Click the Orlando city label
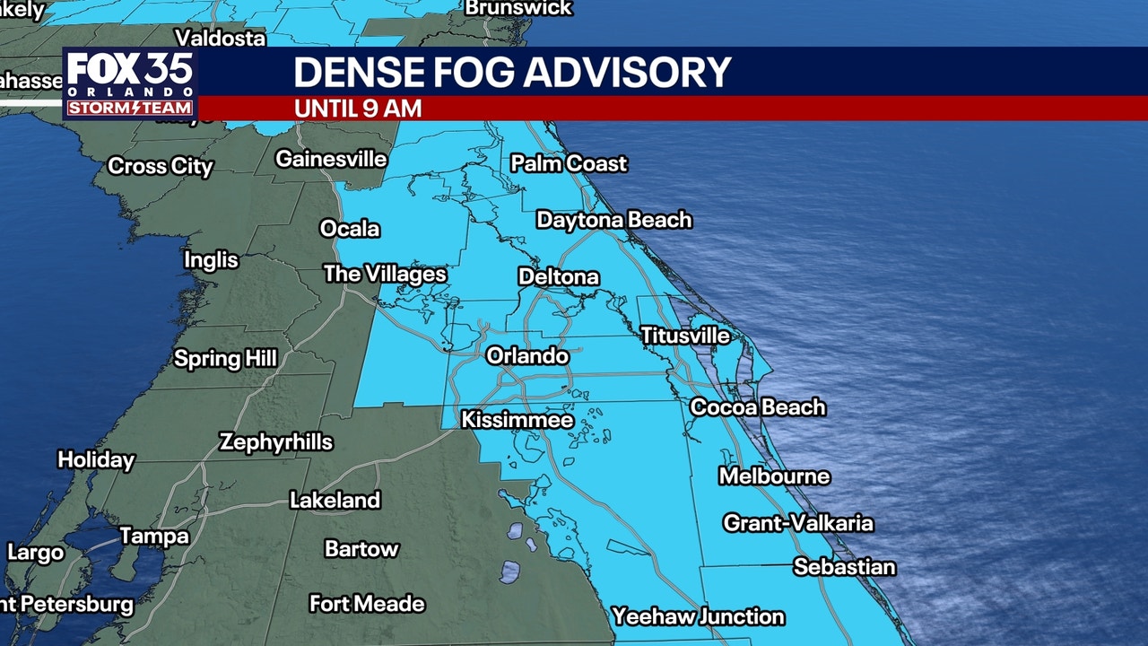pyautogui.click(x=527, y=356)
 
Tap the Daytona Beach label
pyautogui.click(x=614, y=220)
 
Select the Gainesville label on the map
pyautogui.click(x=331, y=159)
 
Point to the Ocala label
pyautogui.click(x=350, y=229)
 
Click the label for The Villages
pyautogui.click(x=385, y=274)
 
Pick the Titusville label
pyautogui.click(x=685, y=336)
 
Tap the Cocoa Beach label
pyautogui.click(x=757, y=406)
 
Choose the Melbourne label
pyautogui.click(x=774, y=476)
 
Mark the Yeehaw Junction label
pyautogui.click(x=698, y=616)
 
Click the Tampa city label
pyautogui.click(x=154, y=537)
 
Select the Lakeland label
pyautogui.click(x=335, y=500)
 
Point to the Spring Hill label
pyautogui.click(x=225, y=359)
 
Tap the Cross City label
pyautogui.click(x=161, y=166)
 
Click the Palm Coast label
pyautogui.click(x=569, y=163)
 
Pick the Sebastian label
pyautogui.click(x=844, y=567)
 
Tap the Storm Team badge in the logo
pyautogui.click(x=130, y=108)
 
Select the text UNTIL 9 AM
pyautogui.click(x=358, y=109)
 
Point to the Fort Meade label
pyautogui.click(x=367, y=604)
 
